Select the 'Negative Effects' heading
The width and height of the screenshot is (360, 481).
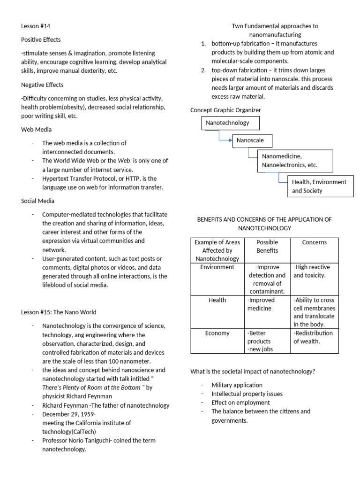click(x=42, y=85)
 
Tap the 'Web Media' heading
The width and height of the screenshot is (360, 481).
click(x=37, y=129)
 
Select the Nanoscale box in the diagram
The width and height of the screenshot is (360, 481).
click(x=252, y=140)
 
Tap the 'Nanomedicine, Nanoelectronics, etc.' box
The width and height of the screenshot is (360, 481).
click(x=295, y=160)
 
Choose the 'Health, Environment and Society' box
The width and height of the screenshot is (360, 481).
click(x=319, y=186)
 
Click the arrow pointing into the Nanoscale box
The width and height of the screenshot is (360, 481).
click(x=230, y=140)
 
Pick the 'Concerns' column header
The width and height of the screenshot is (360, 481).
click(x=314, y=242)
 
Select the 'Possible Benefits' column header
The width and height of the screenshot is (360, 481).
click(x=267, y=246)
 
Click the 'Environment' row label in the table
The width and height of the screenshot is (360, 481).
click(x=217, y=267)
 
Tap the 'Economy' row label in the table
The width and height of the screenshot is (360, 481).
click(x=217, y=333)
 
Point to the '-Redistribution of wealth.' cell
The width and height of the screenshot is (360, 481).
click(x=313, y=337)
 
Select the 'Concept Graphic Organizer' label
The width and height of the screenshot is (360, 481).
click(x=225, y=110)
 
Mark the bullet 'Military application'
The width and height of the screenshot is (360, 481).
click(x=237, y=385)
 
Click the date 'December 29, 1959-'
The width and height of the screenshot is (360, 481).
click(x=69, y=414)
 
